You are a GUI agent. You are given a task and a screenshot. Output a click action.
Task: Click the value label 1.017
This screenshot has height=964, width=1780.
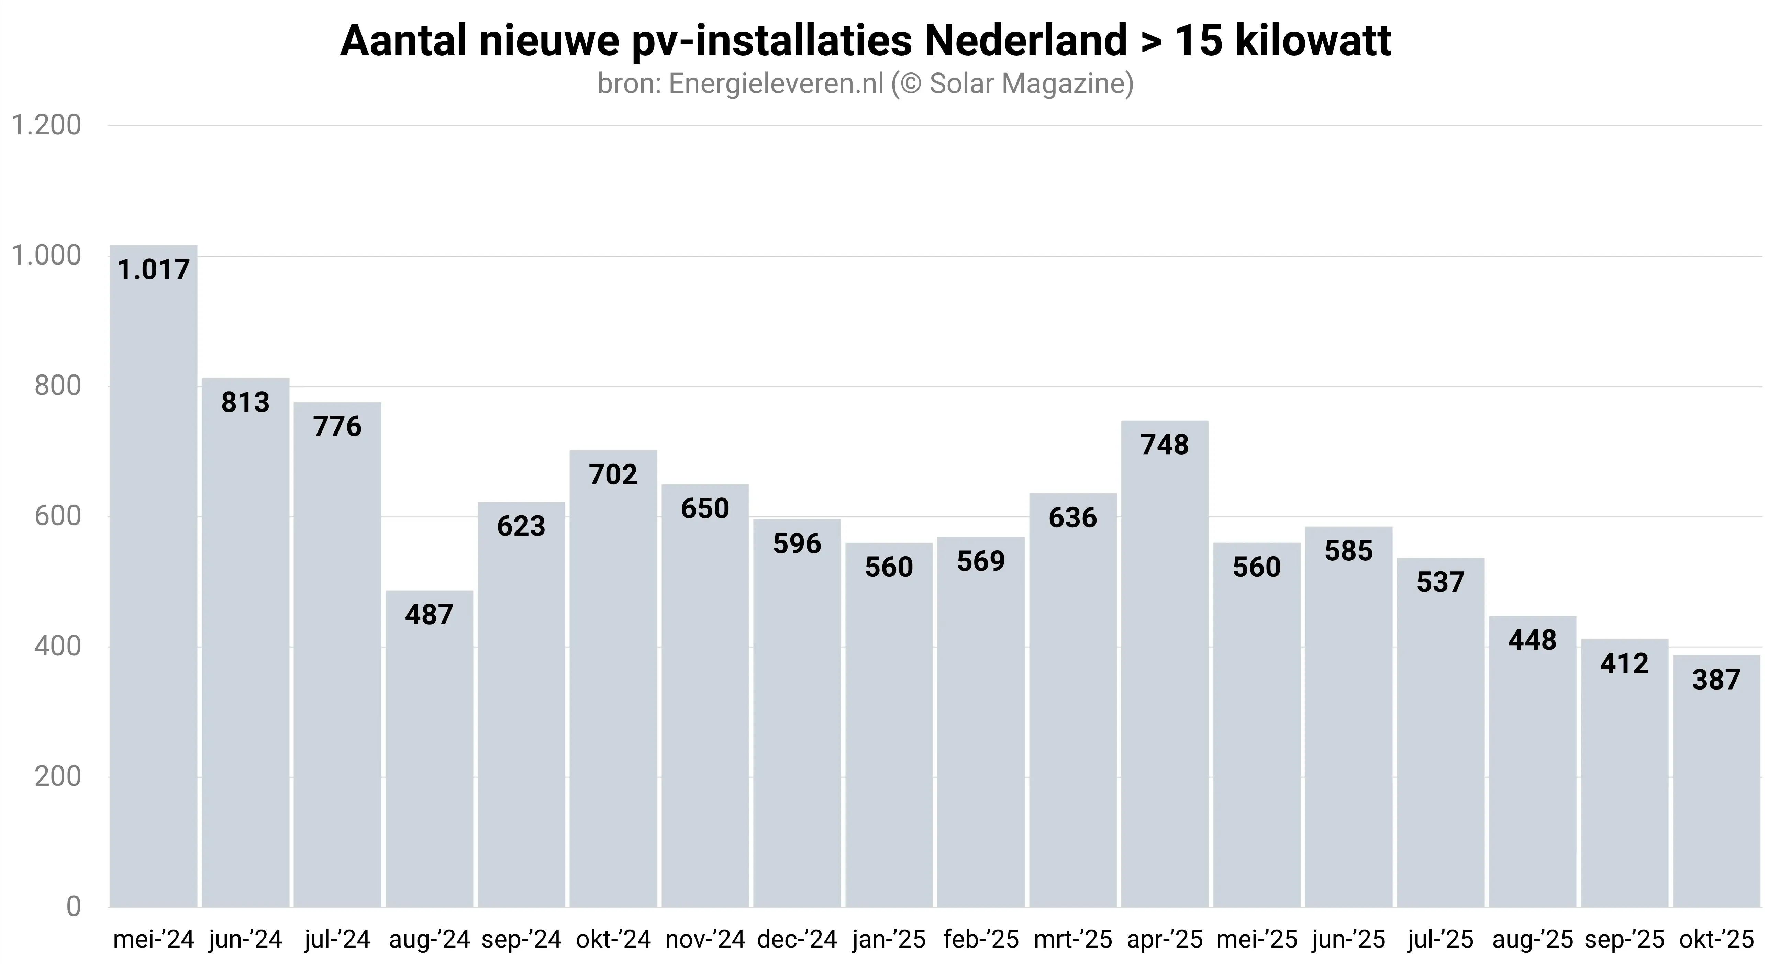pyautogui.click(x=153, y=269)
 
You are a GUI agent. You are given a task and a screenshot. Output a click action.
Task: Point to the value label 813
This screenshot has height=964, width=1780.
pyautogui.click(x=245, y=402)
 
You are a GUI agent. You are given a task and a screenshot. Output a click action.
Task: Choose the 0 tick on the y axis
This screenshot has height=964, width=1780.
pyautogui.click(x=73, y=907)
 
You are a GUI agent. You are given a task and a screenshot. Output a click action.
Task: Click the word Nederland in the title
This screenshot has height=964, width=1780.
pyautogui.click(x=1025, y=42)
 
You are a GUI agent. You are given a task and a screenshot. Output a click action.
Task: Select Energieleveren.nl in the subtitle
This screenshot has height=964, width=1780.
pyautogui.click(x=776, y=83)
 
